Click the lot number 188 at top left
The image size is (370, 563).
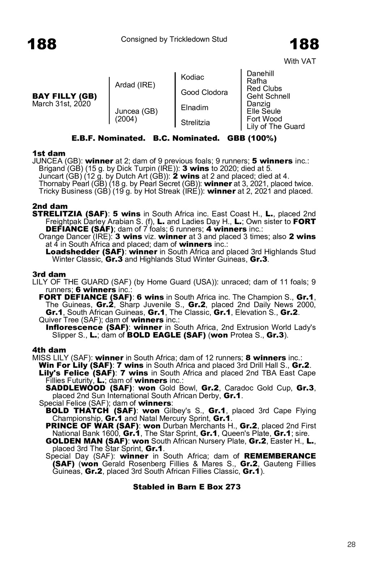coord(42,44)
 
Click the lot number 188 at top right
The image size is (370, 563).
coord(304,44)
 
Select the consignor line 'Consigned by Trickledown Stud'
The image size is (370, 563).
coord(174,39)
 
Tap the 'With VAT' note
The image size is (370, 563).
coord(300,61)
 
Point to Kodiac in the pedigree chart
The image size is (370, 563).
coord(192,77)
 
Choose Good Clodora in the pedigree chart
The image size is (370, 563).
coord(204,93)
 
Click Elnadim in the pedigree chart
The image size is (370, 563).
coord(194,108)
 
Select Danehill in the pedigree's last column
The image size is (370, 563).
coord(260,74)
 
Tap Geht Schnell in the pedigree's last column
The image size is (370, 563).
coord(268,96)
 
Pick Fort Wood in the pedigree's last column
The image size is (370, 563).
coord(264,119)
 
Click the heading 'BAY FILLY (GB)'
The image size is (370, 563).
coord(65,96)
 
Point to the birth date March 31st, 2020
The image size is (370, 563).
coord(61,104)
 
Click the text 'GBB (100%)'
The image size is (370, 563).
coord(252,138)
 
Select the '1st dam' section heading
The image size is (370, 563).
coord(49,154)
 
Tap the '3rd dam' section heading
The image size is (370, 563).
coord(49,274)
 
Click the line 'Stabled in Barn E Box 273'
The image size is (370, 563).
coord(187,487)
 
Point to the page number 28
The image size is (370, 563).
coord(351,545)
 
